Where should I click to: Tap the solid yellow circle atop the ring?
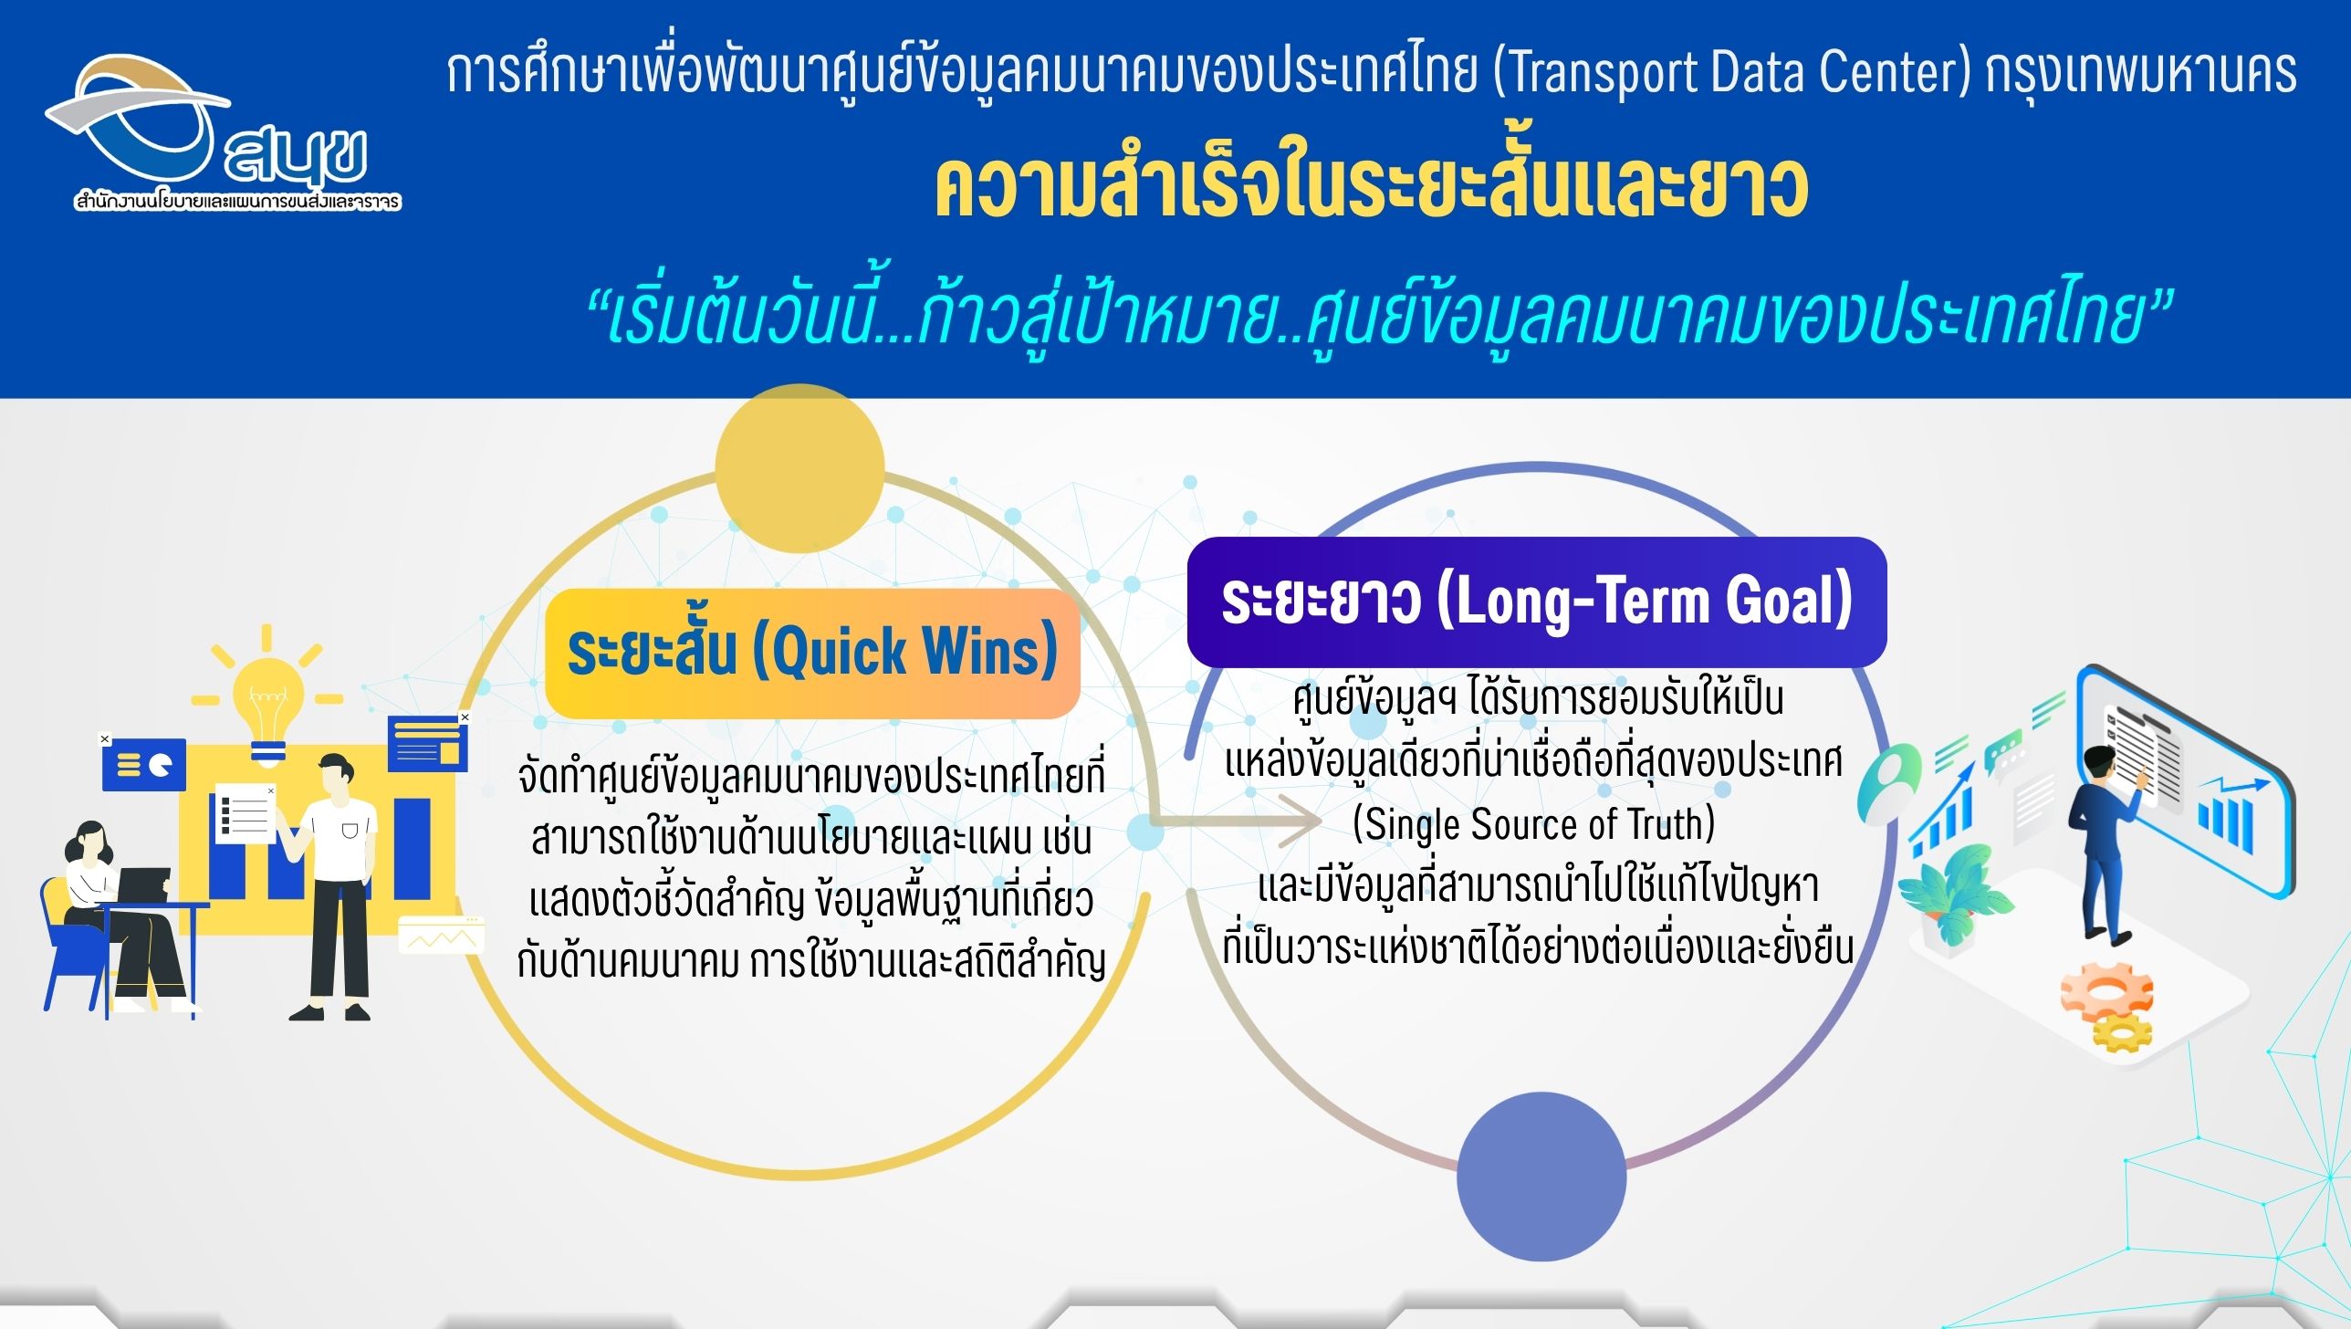pos(799,468)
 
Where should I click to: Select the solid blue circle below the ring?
pos(1541,1177)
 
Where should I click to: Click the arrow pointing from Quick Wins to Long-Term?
pos(1237,821)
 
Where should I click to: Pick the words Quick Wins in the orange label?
pos(904,652)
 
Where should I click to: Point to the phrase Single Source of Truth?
pos(1534,823)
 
